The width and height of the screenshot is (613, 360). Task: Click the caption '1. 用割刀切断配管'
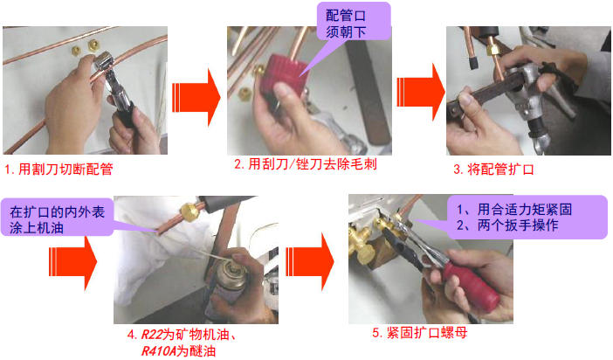tap(59, 166)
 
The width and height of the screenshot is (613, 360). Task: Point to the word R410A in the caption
tap(160, 351)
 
